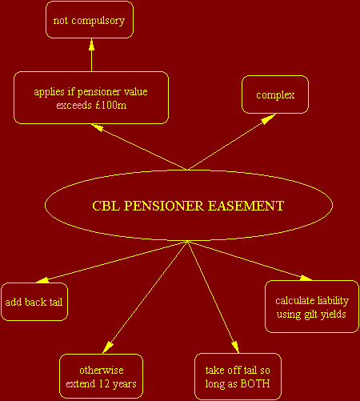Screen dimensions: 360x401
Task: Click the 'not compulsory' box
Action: (x=90, y=20)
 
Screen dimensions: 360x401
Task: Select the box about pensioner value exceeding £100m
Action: (x=91, y=98)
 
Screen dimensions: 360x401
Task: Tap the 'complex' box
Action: (x=275, y=94)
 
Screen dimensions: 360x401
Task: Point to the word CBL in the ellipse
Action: (x=106, y=206)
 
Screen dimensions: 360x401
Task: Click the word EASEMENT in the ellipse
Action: (x=246, y=206)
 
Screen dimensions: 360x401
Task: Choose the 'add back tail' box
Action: (x=34, y=302)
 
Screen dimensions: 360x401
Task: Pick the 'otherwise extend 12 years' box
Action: (x=101, y=376)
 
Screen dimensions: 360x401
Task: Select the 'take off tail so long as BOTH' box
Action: (x=238, y=376)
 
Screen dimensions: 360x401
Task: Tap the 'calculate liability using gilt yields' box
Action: (x=312, y=307)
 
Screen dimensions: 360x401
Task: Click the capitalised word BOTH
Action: (x=255, y=383)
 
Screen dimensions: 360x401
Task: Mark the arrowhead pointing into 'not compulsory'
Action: (x=91, y=44)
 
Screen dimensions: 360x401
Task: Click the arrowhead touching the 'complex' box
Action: (x=268, y=119)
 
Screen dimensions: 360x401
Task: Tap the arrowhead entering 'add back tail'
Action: (x=42, y=280)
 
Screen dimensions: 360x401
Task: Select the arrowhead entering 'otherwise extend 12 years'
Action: (x=108, y=347)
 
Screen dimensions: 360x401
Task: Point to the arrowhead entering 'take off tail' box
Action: (x=235, y=347)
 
